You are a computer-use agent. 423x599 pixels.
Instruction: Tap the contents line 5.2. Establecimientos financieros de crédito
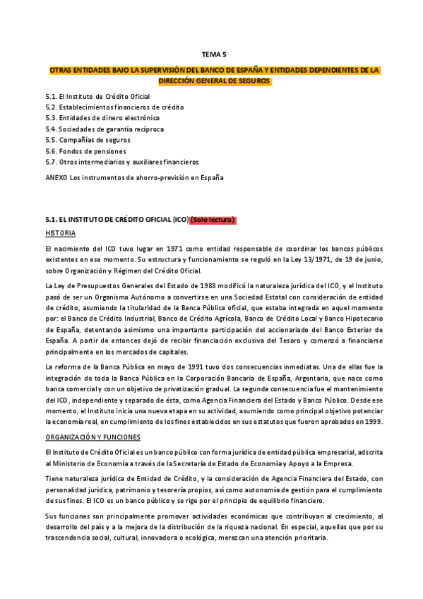(114, 107)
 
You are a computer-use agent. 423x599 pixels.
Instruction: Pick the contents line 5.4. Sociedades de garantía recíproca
(104, 129)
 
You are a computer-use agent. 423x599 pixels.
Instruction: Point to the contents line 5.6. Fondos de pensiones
(85, 151)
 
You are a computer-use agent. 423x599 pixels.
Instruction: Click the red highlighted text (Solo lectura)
(213, 219)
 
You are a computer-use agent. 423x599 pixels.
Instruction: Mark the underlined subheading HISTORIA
(60, 233)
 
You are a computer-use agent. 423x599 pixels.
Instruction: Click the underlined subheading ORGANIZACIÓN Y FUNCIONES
(93, 437)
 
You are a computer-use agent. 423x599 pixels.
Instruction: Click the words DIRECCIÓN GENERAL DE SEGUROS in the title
(213, 81)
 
